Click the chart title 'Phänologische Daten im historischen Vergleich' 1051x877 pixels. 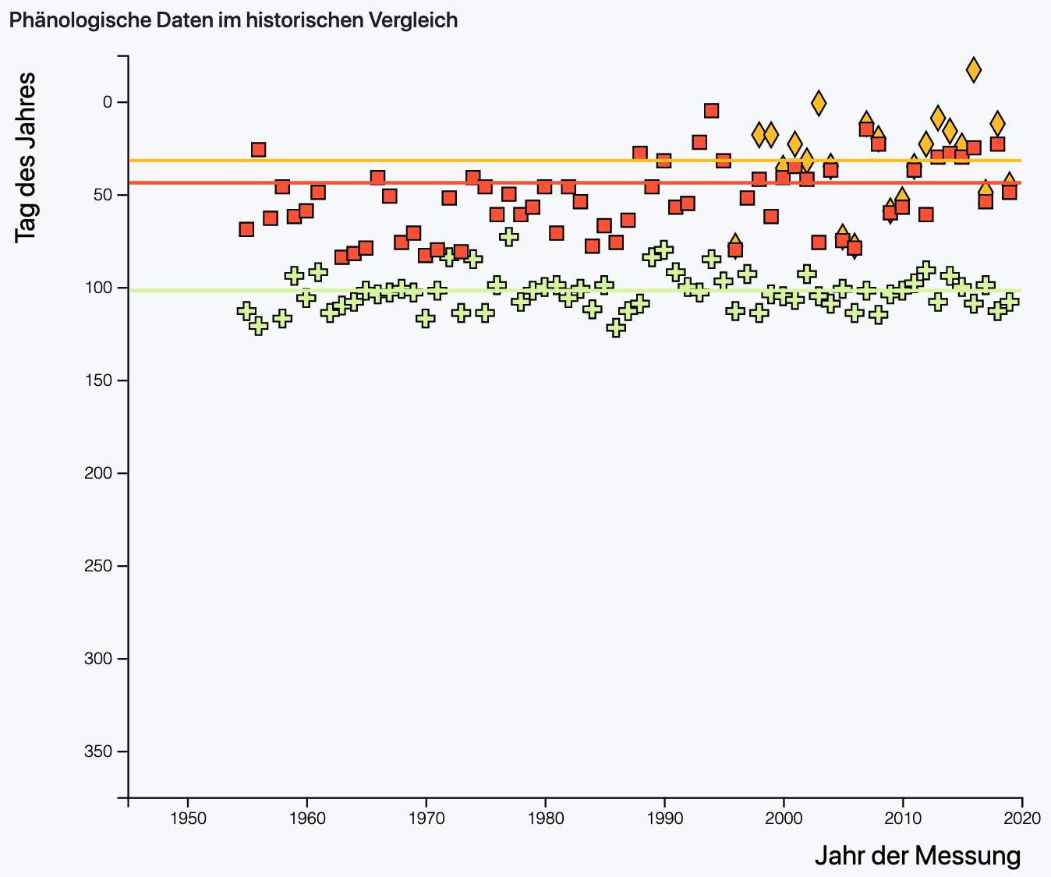click(x=233, y=20)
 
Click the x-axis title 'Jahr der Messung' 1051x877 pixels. click(x=917, y=856)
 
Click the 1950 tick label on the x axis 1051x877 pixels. click(x=187, y=817)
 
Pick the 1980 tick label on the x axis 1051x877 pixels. click(x=545, y=817)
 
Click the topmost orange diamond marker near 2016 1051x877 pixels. click(x=974, y=69)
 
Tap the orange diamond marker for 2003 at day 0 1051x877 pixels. click(x=819, y=102)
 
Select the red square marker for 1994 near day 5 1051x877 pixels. click(x=711, y=111)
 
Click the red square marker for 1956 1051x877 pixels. click(x=258, y=150)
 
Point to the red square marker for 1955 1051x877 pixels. click(x=246, y=229)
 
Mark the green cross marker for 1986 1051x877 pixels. click(x=616, y=327)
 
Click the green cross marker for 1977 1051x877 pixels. click(x=509, y=236)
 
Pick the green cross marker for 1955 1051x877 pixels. click(x=246, y=310)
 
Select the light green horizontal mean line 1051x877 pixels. click(x=546, y=291)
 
